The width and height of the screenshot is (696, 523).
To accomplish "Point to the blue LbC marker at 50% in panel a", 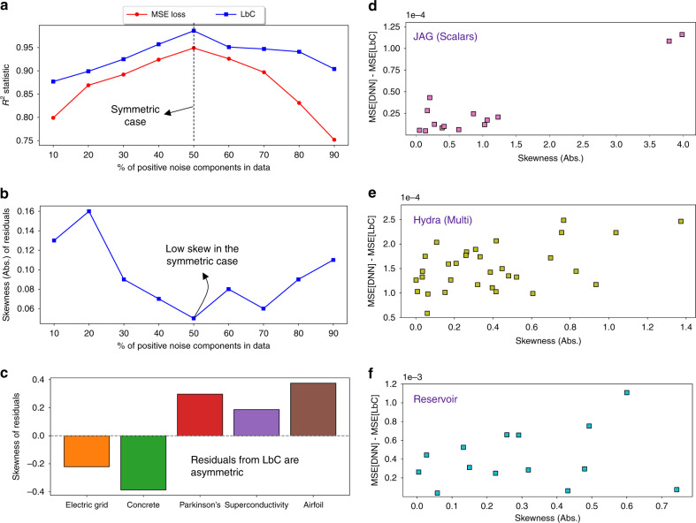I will pos(194,31).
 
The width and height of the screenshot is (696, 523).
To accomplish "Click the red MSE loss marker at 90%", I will pos(336,140).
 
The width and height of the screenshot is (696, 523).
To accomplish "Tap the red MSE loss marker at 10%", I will pos(53,117).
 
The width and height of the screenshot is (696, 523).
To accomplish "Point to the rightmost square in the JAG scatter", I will pos(682,34).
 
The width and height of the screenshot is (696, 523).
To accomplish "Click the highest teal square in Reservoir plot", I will pos(626,392).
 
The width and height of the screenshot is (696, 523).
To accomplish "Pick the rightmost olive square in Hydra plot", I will pos(681,221).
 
